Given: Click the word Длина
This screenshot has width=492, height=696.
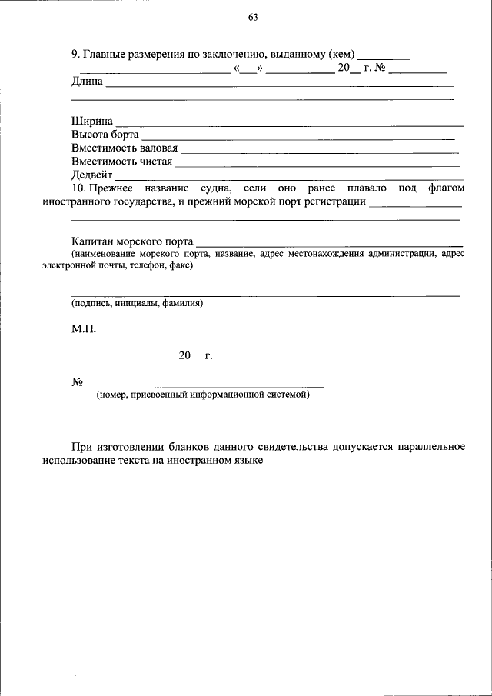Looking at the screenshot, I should coord(87,81).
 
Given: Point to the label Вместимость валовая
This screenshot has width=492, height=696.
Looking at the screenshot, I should coord(125,148).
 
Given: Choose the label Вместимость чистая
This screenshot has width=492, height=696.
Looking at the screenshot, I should coord(121,162).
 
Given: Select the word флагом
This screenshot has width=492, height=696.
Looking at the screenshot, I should coord(445,188).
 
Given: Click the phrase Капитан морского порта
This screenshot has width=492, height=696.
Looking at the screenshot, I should coord(132,241).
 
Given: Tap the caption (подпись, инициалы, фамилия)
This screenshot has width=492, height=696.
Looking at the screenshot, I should coord(137,304).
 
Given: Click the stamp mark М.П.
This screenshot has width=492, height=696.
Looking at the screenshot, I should coord(84,329).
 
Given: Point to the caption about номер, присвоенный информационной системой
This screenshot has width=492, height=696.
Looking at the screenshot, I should coord(204,395).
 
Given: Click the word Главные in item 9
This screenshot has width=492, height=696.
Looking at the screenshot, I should coord(105,55).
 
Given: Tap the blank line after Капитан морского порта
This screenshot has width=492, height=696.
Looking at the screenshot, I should coord(329,244).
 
